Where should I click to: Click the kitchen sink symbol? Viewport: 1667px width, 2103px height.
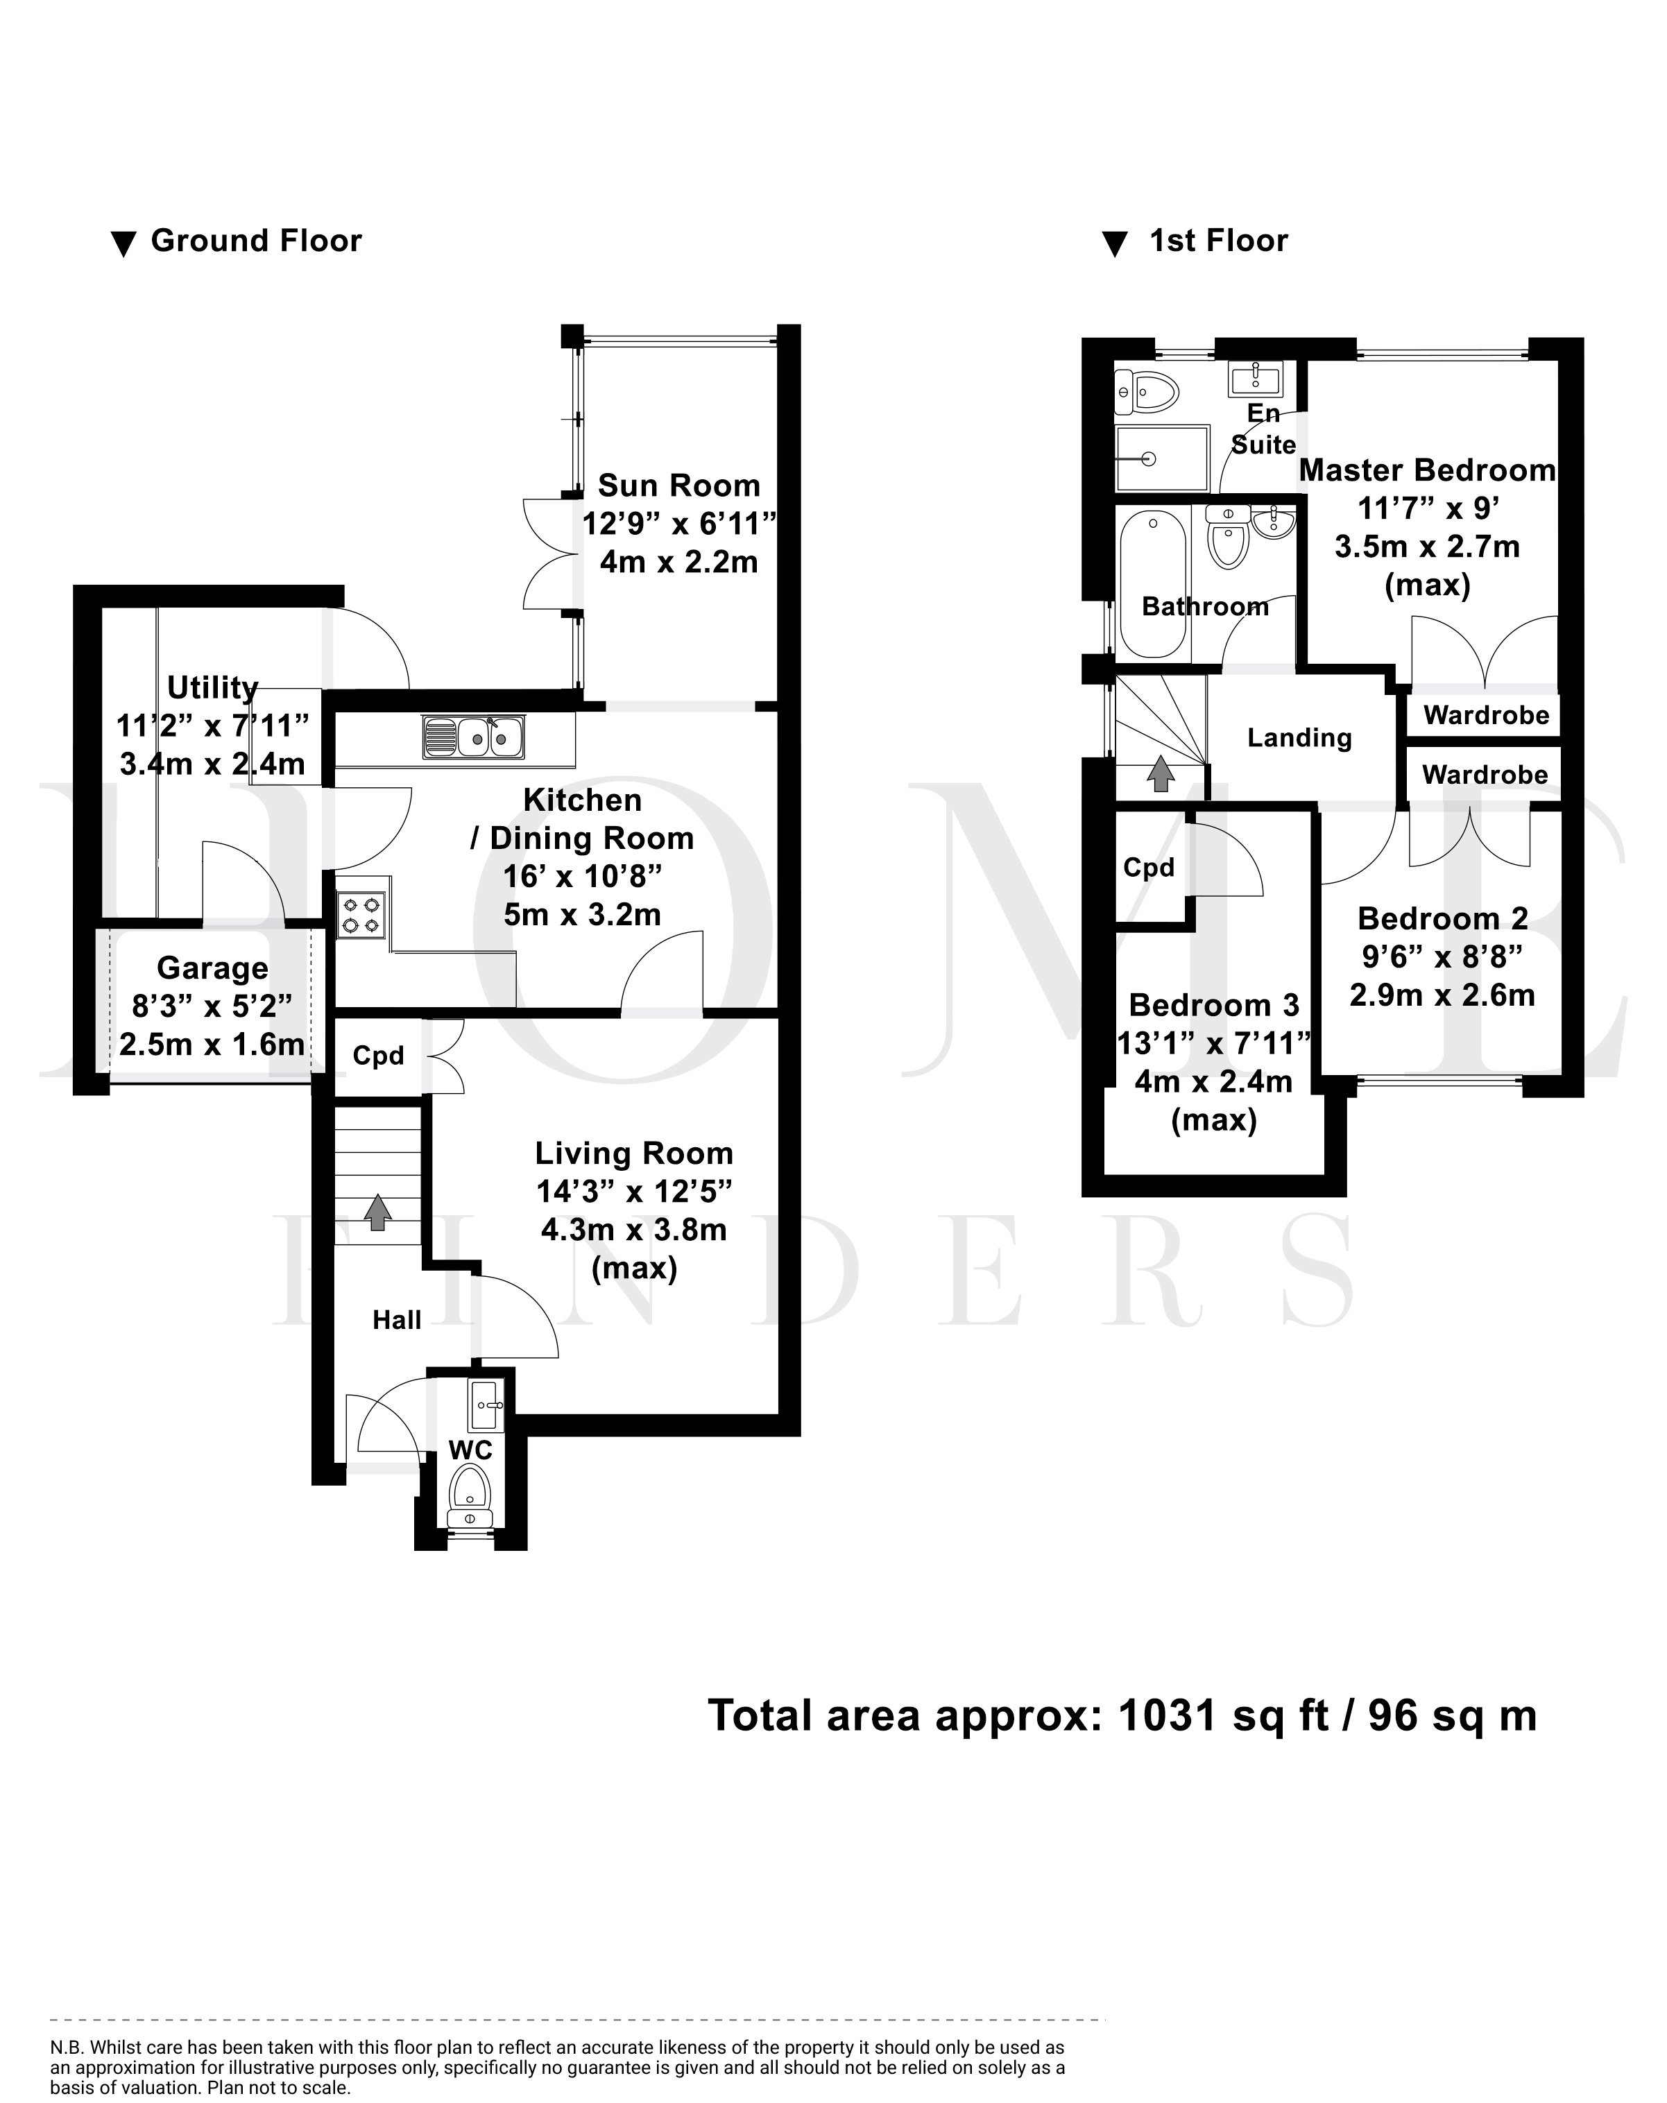tap(473, 737)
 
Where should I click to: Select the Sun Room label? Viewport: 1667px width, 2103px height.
tap(679, 485)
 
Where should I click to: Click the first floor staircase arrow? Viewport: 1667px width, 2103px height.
tap(1160, 773)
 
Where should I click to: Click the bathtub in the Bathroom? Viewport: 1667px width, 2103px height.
tap(1153, 583)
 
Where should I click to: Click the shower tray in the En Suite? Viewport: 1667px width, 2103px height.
tap(1162, 458)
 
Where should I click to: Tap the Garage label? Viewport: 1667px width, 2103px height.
tap(213, 968)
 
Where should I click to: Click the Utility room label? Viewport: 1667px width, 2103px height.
tap(213, 687)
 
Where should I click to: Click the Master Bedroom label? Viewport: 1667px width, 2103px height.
tap(1427, 470)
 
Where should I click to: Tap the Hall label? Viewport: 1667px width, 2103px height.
tap(397, 1320)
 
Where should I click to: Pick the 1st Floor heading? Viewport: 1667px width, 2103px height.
tap(1218, 240)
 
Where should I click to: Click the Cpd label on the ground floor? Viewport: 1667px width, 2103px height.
tap(379, 1056)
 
